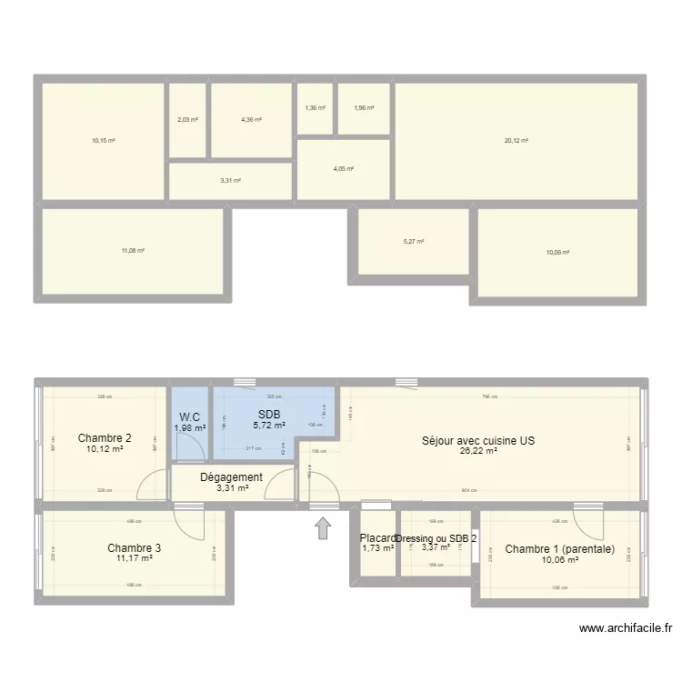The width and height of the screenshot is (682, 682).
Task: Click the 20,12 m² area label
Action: (x=517, y=141)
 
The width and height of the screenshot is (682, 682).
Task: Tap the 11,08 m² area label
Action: (x=133, y=251)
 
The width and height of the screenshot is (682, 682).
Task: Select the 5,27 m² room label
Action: (x=414, y=242)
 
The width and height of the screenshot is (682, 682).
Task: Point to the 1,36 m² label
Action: (x=315, y=108)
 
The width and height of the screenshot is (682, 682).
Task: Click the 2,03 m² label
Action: (x=187, y=119)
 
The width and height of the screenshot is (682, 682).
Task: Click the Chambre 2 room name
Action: (x=105, y=437)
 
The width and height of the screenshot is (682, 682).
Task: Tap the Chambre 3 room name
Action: (x=134, y=547)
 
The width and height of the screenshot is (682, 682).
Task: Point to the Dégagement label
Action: (x=231, y=476)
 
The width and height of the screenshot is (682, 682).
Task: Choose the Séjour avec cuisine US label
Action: (x=478, y=440)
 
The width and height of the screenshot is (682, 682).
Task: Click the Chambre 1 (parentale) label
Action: (x=560, y=548)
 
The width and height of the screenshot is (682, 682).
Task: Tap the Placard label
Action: (x=377, y=537)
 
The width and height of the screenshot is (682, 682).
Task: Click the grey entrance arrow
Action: (x=323, y=527)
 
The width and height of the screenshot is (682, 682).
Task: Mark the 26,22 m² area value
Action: (x=478, y=451)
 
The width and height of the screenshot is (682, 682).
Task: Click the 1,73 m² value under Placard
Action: (x=377, y=548)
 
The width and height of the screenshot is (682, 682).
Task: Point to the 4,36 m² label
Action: (x=251, y=119)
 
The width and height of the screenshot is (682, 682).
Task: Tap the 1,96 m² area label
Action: (x=364, y=108)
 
